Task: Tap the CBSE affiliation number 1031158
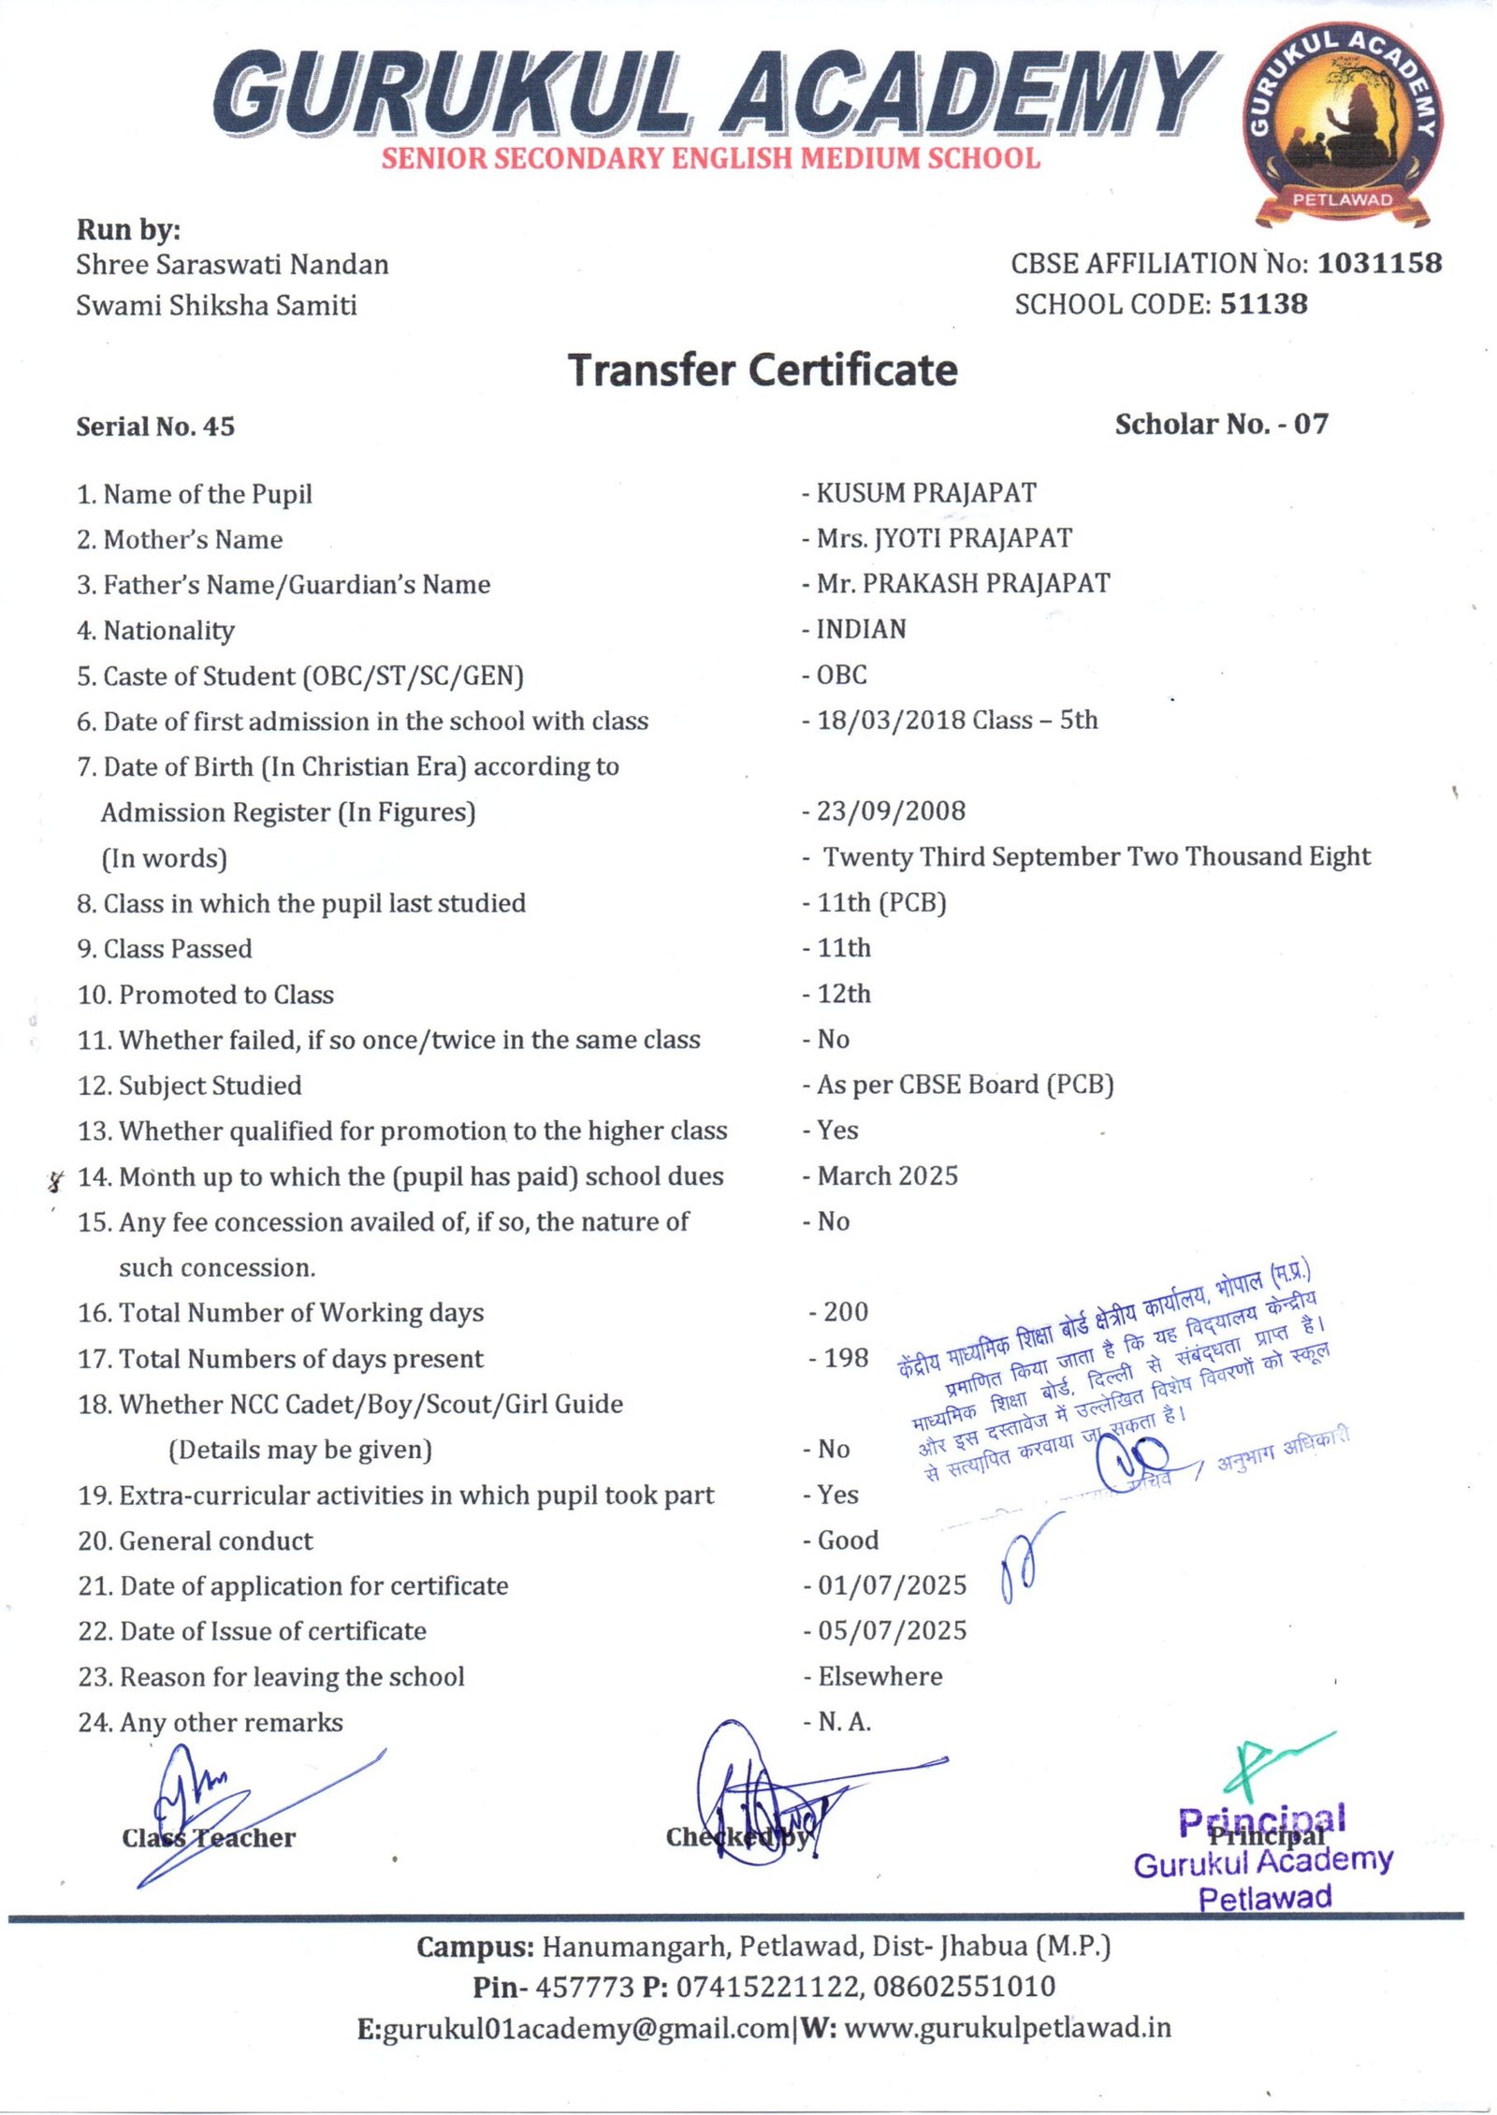1379,264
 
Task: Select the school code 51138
1263,304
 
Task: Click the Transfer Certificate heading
763,371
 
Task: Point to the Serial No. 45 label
155,427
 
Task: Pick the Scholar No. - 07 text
1220,425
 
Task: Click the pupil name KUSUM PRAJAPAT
925,493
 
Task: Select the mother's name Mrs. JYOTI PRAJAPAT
943,538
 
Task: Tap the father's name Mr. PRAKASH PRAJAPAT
963,583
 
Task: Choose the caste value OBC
841,675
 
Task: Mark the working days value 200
845,1312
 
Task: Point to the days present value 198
845,1358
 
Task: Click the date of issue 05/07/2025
892,1631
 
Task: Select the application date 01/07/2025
892,1585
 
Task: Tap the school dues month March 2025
887,1176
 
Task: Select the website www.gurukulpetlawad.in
1007,2029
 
